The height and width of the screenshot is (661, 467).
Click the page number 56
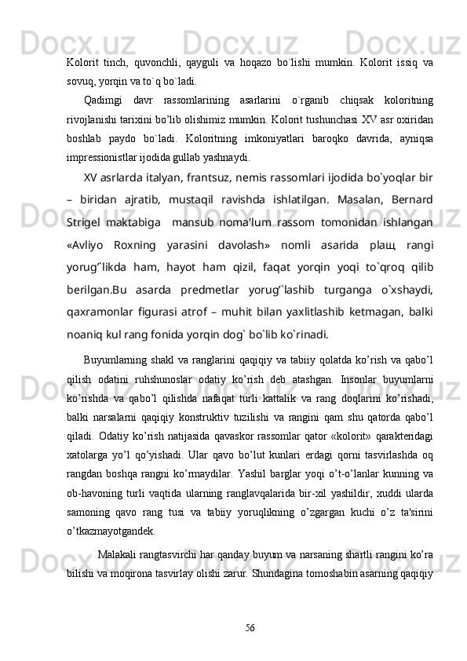[250, 626]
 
